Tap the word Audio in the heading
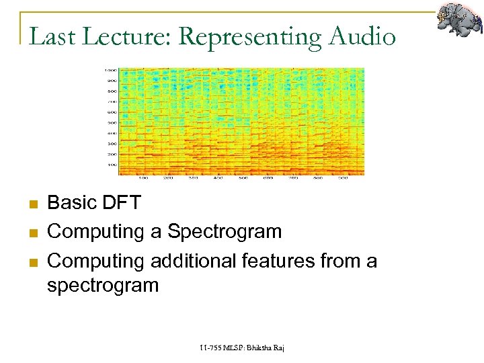(x=362, y=36)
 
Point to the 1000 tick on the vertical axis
(x=110, y=70)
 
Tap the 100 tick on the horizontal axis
(x=143, y=178)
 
